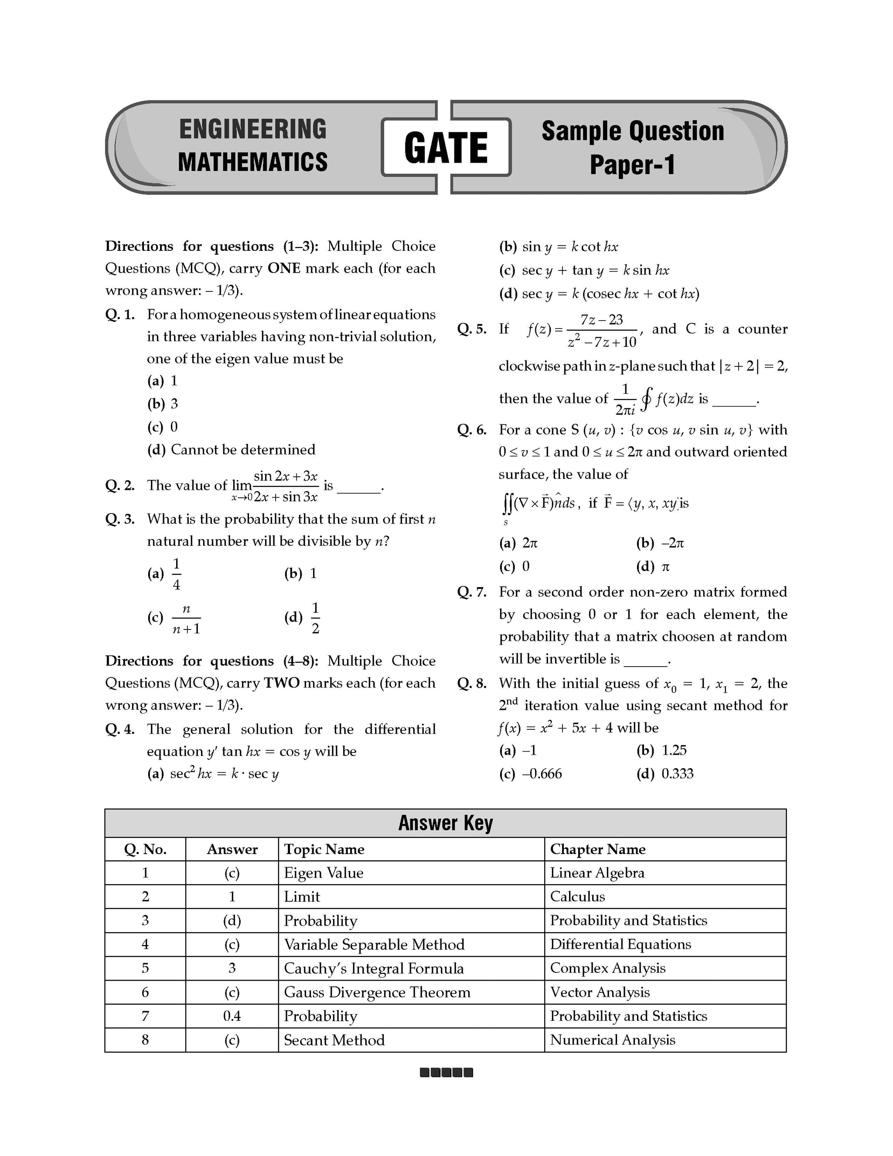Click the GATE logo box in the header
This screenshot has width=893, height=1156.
(x=446, y=147)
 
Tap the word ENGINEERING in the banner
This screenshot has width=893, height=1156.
(x=253, y=130)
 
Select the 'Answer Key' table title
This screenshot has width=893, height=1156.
(x=446, y=823)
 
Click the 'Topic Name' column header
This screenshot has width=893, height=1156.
(x=324, y=849)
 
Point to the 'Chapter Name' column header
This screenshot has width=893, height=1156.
(x=597, y=849)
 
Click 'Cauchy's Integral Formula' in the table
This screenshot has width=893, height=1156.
(x=374, y=968)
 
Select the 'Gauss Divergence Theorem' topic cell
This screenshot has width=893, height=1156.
(x=377, y=992)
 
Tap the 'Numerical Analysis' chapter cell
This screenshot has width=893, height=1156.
(x=612, y=1040)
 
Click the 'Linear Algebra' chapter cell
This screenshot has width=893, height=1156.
(x=597, y=873)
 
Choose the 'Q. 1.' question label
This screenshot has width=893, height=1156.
(x=120, y=315)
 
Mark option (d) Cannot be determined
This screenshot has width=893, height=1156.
(x=231, y=450)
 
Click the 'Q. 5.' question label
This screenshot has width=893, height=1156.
(x=472, y=329)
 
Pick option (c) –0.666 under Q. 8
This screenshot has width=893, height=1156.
(x=530, y=774)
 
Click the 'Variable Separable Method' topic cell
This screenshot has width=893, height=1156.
(x=374, y=944)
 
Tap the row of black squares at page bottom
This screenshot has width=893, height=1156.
(x=446, y=1073)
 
